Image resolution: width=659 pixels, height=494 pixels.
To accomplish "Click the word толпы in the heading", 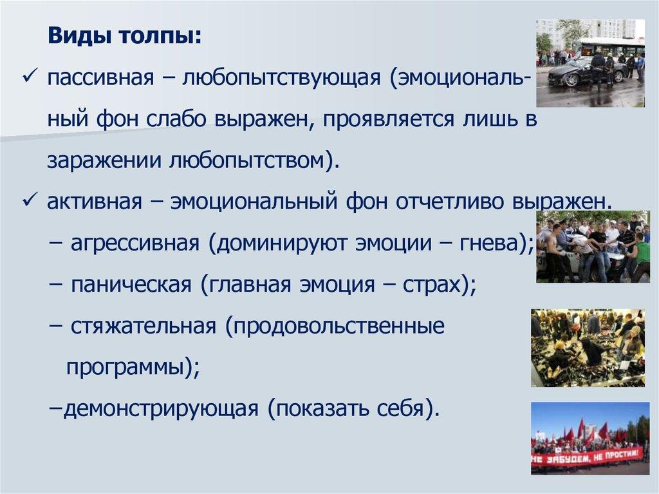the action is coord(160,37).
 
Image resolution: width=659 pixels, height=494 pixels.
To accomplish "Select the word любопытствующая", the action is coord(281,79).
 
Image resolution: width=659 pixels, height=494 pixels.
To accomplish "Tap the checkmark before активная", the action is coord(30,200).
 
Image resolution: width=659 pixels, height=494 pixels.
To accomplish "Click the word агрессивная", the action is coord(135,243).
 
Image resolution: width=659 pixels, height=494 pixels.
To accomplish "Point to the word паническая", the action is coord(131,285).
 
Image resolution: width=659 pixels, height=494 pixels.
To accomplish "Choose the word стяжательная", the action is coord(144,326).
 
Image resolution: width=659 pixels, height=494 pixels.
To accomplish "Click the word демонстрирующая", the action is coord(161,408).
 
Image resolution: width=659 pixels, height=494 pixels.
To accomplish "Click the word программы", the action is coord(125,367).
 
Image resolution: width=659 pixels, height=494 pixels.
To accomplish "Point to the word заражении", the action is coord(104,161).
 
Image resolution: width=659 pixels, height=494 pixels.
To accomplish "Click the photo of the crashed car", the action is coord(590,63).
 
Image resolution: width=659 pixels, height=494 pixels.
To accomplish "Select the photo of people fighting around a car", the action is coord(593,247).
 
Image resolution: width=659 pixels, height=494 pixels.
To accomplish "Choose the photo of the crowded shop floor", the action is coord(588,348).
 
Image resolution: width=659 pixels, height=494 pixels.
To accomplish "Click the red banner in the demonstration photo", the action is coord(587,456).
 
